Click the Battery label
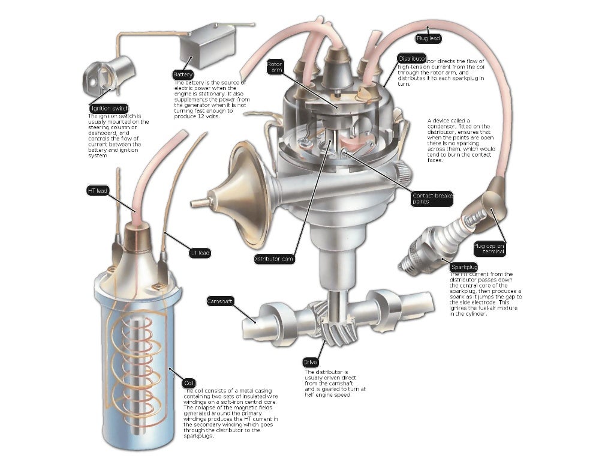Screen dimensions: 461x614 pos(183,74)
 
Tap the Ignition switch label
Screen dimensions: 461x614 pos(109,108)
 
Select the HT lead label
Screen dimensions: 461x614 pos(98,190)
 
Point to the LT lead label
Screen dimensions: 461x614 pos(200,253)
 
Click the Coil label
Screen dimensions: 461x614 pos(189,382)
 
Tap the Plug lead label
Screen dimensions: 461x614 pos(429,38)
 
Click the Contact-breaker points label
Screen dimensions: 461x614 pos(432,199)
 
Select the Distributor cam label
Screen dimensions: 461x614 pos(274,259)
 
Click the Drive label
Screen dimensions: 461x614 pos(310,363)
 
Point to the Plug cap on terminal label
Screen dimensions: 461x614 pos(489,249)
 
